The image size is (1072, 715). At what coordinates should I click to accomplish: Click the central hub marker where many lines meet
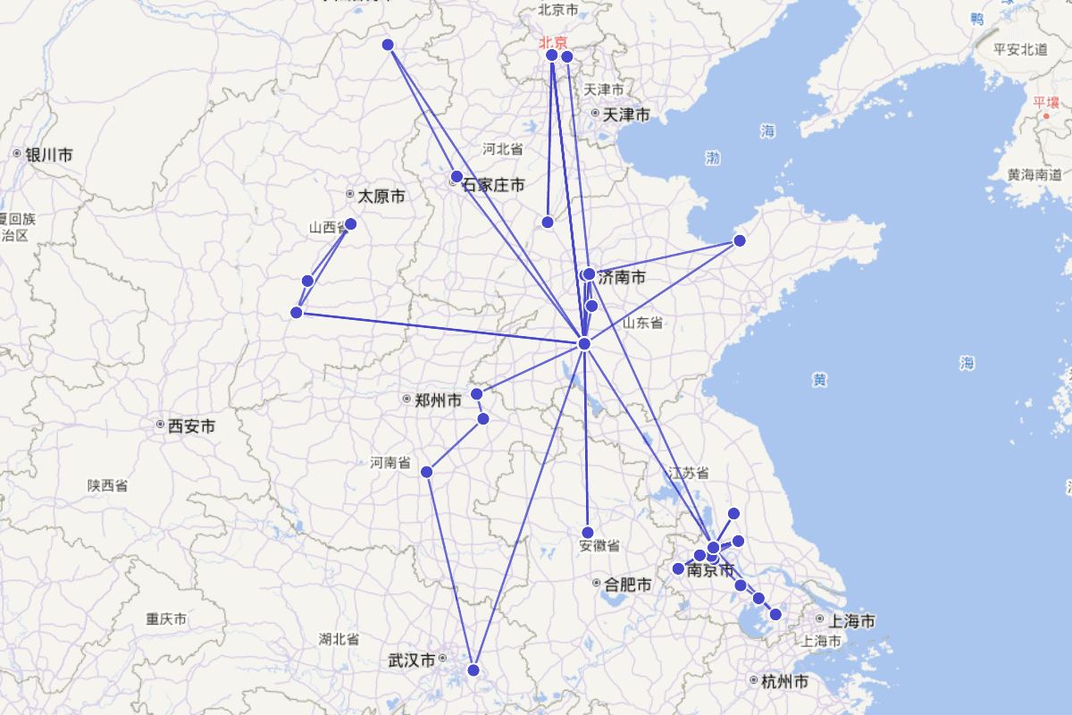click(x=584, y=344)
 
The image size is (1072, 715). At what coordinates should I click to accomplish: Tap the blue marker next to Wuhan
click(x=473, y=669)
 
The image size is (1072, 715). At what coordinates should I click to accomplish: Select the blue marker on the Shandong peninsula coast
click(x=740, y=240)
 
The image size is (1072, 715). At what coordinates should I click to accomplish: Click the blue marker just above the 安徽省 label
click(x=587, y=533)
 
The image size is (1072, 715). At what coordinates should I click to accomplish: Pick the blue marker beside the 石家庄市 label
click(x=456, y=176)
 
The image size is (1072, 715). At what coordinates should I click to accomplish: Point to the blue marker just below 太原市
click(x=350, y=223)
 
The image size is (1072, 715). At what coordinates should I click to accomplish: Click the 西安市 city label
click(x=191, y=426)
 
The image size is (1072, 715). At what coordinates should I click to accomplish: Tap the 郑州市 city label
click(x=438, y=400)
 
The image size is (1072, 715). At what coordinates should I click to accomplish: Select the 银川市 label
click(x=48, y=155)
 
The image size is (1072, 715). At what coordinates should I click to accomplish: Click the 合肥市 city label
click(x=627, y=585)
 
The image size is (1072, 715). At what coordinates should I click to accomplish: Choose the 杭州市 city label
click(x=784, y=681)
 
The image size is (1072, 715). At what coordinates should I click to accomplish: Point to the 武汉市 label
click(x=412, y=660)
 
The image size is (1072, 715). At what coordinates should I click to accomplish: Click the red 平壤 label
click(x=1045, y=102)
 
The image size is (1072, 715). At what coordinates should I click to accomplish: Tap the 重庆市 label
click(x=166, y=618)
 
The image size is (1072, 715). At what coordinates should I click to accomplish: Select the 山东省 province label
click(x=642, y=323)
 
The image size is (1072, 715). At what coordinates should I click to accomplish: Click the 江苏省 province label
click(x=689, y=473)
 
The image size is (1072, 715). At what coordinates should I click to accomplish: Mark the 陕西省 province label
click(x=107, y=485)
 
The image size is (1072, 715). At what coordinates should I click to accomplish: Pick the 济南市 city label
click(x=622, y=277)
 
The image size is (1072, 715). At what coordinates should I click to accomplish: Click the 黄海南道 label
click(x=1034, y=174)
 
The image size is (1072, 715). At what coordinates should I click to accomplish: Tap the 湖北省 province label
click(x=339, y=639)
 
